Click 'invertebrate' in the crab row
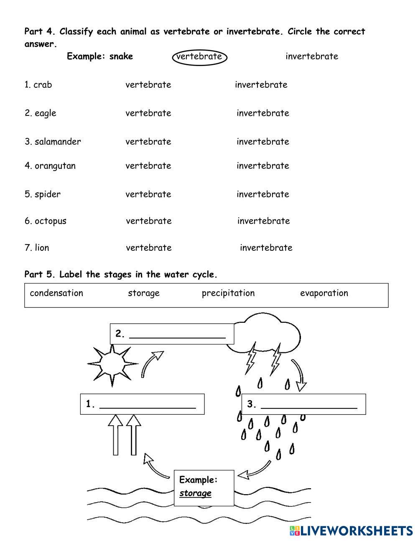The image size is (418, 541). [x=261, y=85]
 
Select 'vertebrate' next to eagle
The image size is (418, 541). [x=148, y=113]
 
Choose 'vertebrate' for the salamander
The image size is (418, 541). [x=148, y=142]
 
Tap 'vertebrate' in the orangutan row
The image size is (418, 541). [x=148, y=166]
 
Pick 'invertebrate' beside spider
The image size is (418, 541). [x=263, y=194]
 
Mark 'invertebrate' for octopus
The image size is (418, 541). [x=263, y=221]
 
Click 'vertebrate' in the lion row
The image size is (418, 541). [x=149, y=248]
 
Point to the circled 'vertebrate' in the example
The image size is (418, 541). [x=199, y=57]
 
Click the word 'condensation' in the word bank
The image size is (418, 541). [x=56, y=293]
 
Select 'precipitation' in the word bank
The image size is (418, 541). [x=228, y=293]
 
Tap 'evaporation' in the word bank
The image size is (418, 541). [x=324, y=293]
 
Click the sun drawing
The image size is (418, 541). [x=112, y=364]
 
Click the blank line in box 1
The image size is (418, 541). [x=148, y=406]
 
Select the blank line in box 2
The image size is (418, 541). [x=178, y=335]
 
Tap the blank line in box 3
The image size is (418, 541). [x=309, y=406]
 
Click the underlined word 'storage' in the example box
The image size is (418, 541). [x=195, y=493]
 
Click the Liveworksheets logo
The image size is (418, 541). [x=351, y=531]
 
